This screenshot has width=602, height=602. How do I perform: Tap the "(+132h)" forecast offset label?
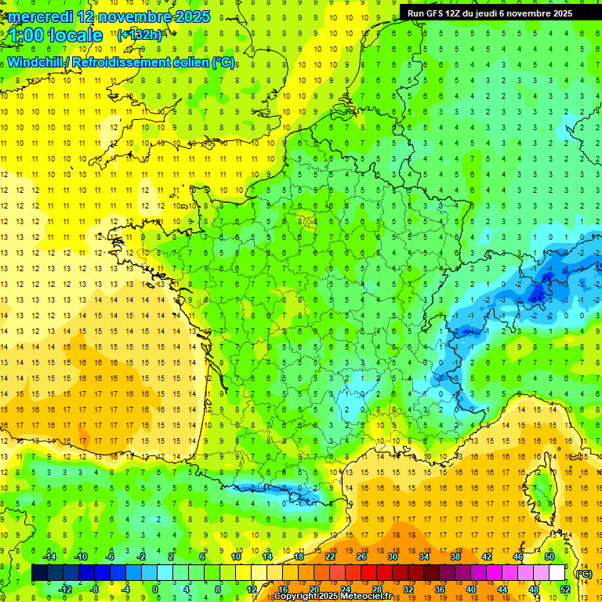(x=139, y=34)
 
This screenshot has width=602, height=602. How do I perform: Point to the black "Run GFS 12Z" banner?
(x=490, y=13)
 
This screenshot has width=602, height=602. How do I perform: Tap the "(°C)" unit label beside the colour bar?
(x=583, y=573)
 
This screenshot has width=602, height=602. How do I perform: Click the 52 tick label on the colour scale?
(x=564, y=589)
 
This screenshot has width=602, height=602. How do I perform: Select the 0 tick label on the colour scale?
(x=155, y=589)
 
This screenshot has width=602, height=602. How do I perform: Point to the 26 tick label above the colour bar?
(x=361, y=557)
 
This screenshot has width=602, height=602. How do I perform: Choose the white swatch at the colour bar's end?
(x=557, y=573)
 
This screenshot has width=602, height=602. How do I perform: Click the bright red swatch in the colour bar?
(x=368, y=573)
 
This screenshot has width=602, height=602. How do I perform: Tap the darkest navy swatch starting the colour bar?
(x=40, y=573)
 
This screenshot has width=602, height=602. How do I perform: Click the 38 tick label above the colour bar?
(x=455, y=557)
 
